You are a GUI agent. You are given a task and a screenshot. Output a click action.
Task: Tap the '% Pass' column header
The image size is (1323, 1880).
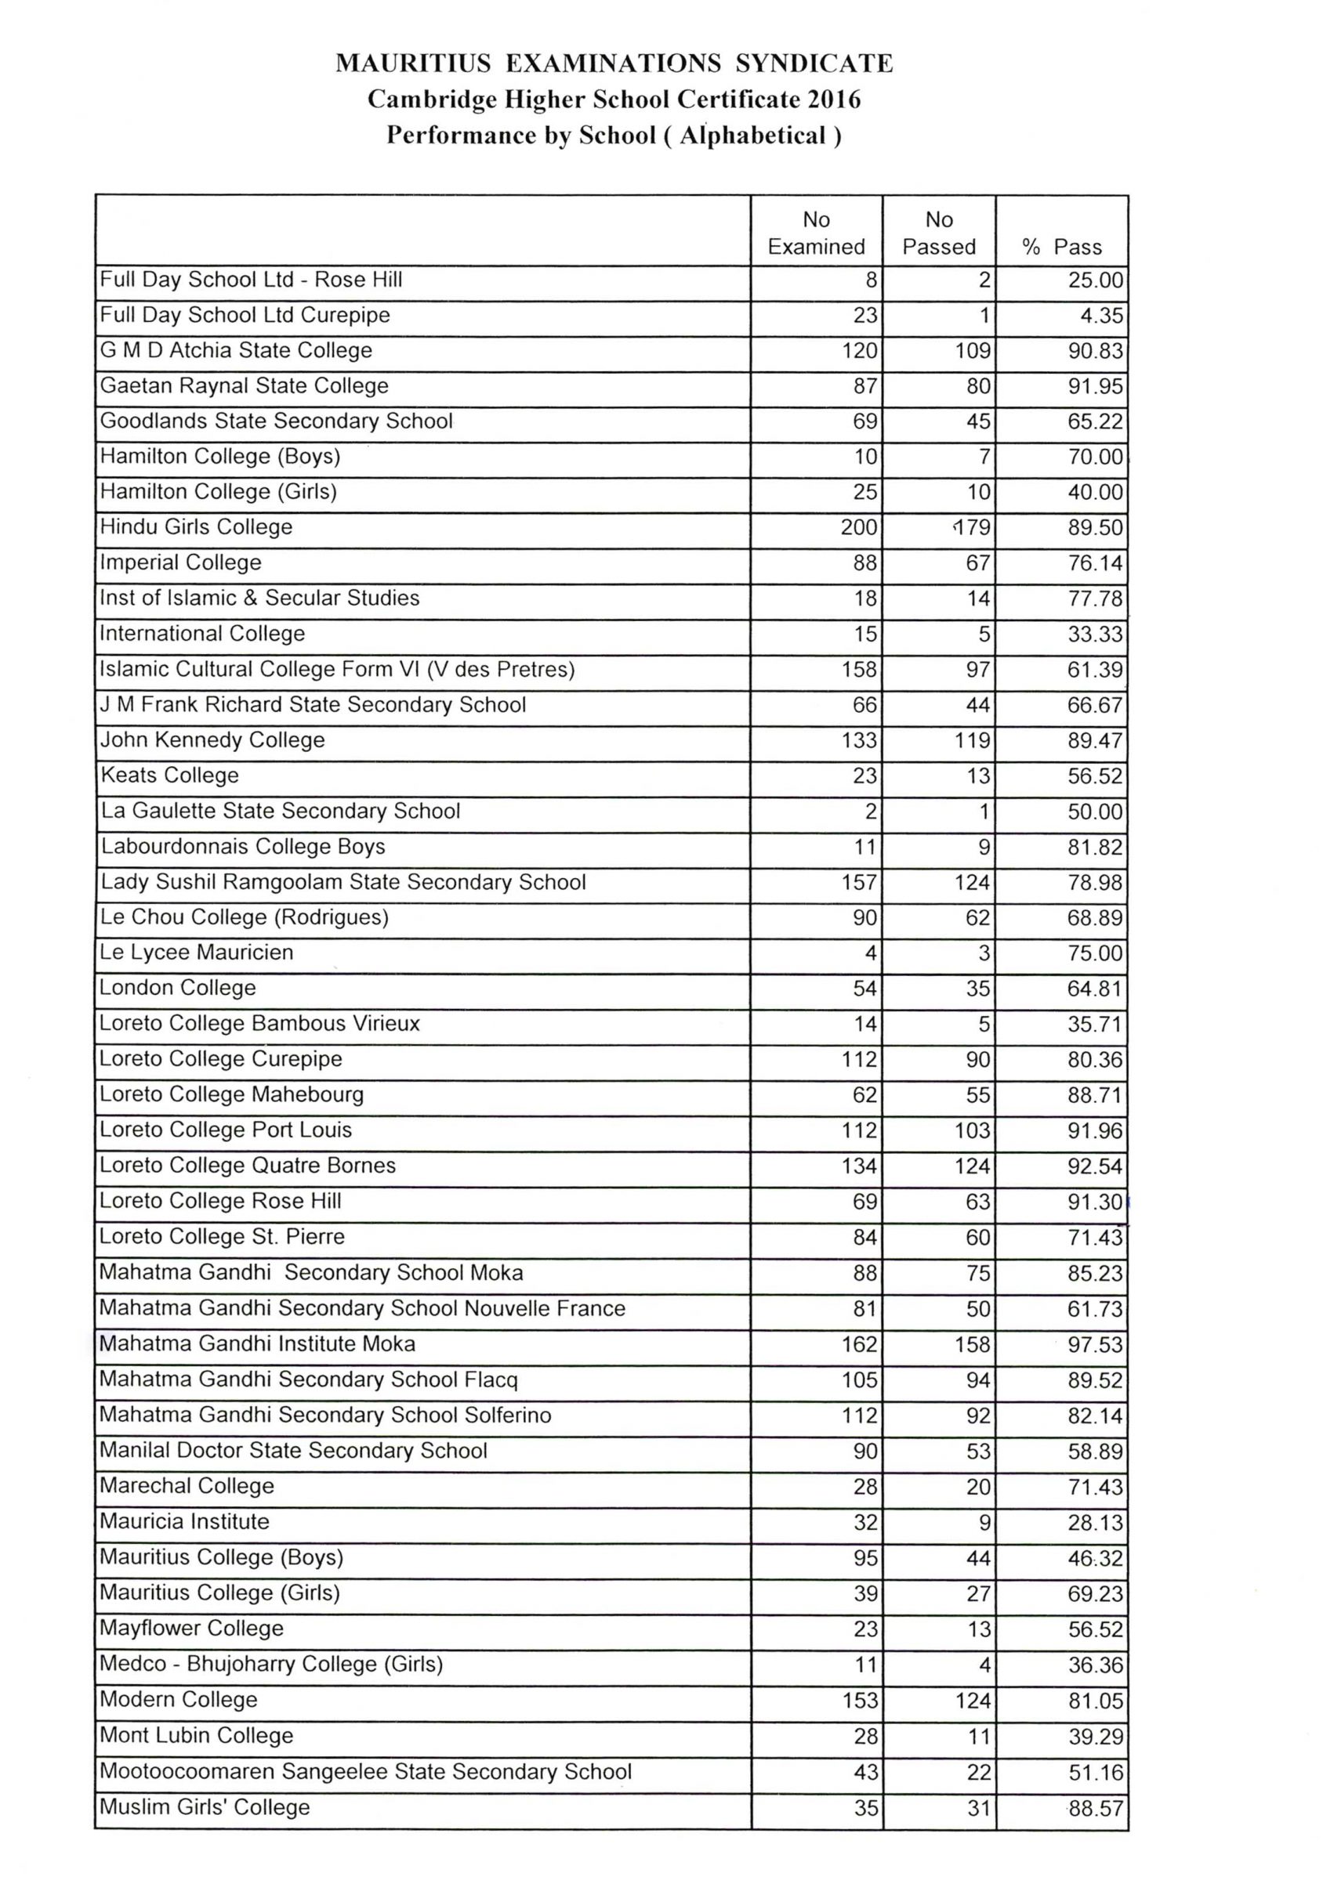pos(1062,247)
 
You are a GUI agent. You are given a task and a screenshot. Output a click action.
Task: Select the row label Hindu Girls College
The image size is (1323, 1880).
pos(196,526)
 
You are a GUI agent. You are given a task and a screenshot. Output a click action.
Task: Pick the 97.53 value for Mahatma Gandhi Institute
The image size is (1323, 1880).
pos(1094,1344)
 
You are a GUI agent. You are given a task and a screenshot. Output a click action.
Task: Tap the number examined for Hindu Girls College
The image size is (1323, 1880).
pos(858,527)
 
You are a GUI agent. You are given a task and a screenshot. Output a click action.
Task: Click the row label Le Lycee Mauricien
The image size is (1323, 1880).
pos(196,953)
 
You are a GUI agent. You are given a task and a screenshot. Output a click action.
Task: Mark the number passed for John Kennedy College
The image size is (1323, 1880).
pos(973,740)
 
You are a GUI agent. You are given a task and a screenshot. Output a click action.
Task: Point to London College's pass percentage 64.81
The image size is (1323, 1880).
pos(1094,989)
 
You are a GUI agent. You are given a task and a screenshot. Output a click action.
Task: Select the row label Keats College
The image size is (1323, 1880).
pos(169,775)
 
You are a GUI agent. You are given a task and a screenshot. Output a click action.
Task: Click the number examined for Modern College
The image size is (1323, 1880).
pos(859,1701)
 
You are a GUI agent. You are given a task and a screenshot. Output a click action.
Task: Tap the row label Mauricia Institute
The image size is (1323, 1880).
pos(184,1521)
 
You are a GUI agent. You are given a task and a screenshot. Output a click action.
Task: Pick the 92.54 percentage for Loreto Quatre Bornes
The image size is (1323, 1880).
pos(1094,1166)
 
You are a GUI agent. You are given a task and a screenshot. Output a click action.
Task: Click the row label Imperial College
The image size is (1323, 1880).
pos(180,562)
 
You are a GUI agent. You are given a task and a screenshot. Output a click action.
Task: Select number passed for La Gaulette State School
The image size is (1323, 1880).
pos(984,812)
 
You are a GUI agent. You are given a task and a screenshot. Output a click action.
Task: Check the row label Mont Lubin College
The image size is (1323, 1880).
pos(197,1735)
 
